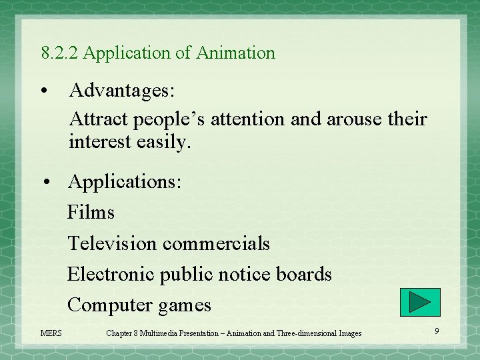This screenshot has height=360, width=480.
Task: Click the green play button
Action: tap(420, 302)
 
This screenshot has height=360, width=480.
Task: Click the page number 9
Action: tap(437, 331)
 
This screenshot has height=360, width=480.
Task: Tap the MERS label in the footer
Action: tap(51, 333)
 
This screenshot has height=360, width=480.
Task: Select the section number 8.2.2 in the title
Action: tap(60, 53)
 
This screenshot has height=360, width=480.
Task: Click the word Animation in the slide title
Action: tap(235, 53)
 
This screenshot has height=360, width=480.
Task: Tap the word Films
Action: tap(91, 213)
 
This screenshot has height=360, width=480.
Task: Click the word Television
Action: tap(112, 243)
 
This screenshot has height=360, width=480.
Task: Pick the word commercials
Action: tap(216, 243)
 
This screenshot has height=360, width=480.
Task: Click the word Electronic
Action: tap(110, 274)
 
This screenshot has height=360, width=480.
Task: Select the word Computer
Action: tap(110, 305)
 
